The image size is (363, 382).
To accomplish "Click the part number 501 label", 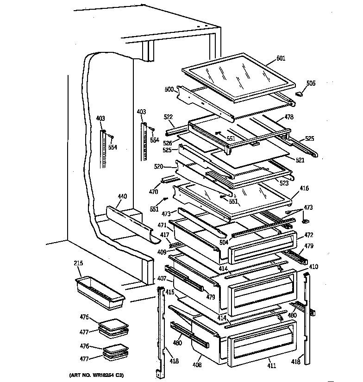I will point(281,58).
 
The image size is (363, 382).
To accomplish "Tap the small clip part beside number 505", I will point(299,94).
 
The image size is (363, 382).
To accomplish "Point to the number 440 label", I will point(122,197).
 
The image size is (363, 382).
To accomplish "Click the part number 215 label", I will point(78,263).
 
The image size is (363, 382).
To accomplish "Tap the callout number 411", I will point(271,366).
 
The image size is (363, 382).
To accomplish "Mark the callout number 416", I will point(304,188).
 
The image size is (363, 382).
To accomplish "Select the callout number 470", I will point(153,191).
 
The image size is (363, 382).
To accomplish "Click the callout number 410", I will point(314,267).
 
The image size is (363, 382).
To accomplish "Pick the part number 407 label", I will point(161,279).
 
